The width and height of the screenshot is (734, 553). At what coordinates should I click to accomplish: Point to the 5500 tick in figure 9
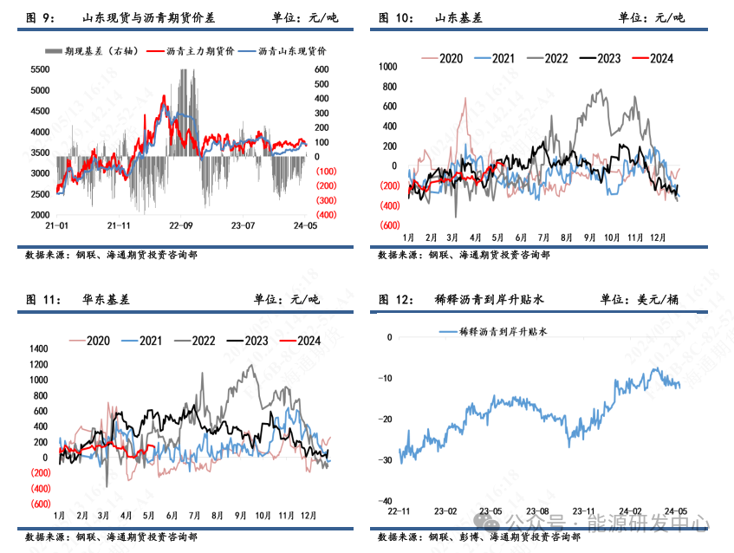pyautogui.click(x=40, y=69)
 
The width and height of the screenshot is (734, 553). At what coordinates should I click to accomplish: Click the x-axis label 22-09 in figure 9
pyautogui.click(x=180, y=224)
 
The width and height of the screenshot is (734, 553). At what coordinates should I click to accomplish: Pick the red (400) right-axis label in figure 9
pyautogui.click(x=326, y=214)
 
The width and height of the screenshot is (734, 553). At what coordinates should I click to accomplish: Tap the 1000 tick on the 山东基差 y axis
pyautogui.click(x=386, y=66)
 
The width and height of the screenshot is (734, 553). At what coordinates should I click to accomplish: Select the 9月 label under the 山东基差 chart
pyautogui.click(x=589, y=237)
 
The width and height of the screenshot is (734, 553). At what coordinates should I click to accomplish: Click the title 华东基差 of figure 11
pyautogui.click(x=113, y=299)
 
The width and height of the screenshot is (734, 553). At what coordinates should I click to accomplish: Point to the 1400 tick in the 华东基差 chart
pyautogui.click(x=38, y=348)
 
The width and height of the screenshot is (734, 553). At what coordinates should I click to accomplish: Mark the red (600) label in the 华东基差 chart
pyautogui.click(x=38, y=504)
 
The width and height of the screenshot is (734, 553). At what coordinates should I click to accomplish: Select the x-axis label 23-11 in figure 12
pyautogui.click(x=584, y=511)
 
